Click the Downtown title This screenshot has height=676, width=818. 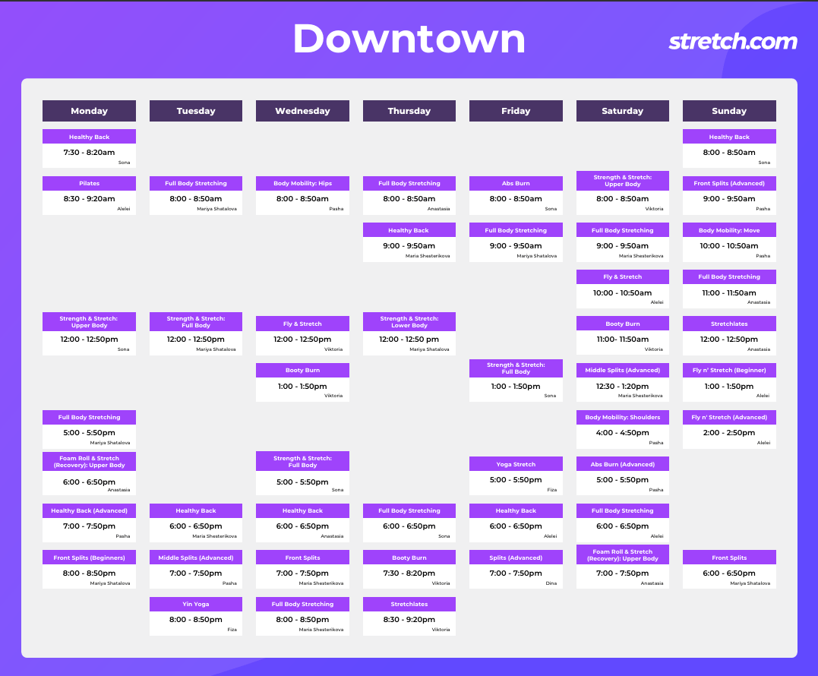pyautogui.click(x=409, y=39)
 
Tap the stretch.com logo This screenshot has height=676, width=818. pyautogui.click(x=733, y=41)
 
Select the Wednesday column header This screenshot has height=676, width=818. pyautogui.click(x=302, y=111)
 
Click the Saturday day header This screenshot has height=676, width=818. pyautogui.click(x=622, y=111)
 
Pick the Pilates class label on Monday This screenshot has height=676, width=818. pyautogui.click(x=89, y=183)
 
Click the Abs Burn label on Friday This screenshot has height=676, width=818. pyautogui.click(x=516, y=183)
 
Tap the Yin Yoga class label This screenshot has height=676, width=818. pyautogui.click(x=196, y=604)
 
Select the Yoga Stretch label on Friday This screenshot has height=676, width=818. pyautogui.click(x=516, y=464)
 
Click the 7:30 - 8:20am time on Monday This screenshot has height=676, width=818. pyautogui.click(x=89, y=153)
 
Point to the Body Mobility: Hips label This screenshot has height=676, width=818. pyautogui.click(x=302, y=183)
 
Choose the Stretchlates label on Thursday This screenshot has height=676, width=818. pyautogui.click(x=409, y=604)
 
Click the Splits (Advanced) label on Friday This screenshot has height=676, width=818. pyautogui.click(x=516, y=558)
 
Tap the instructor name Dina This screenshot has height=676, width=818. pyautogui.click(x=551, y=583)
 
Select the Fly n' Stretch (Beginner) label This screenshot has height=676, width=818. pyautogui.click(x=729, y=371)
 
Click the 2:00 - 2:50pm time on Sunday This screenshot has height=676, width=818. pyautogui.click(x=729, y=432)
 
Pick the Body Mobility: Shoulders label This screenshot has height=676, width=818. pyautogui.click(x=622, y=417)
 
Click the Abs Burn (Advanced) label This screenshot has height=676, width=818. pyautogui.click(x=622, y=464)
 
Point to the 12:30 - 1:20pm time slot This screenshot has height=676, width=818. pyautogui.click(x=622, y=386)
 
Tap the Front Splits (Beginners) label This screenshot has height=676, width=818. pyautogui.click(x=89, y=558)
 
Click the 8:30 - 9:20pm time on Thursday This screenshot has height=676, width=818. pyautogui.click(x=409, y=619)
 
